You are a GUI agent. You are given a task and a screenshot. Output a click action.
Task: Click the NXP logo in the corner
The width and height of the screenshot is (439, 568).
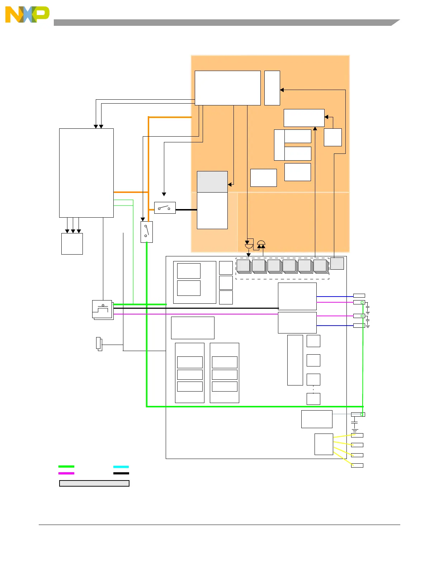tap(27, 15)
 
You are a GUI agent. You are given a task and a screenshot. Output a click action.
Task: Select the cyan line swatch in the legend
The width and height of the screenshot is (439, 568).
tap(121, 467)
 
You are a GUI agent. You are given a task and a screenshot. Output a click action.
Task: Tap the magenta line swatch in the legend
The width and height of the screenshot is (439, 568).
tap(66, 473)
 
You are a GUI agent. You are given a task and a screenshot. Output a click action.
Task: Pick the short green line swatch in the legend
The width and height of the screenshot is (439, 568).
tap(66, 467)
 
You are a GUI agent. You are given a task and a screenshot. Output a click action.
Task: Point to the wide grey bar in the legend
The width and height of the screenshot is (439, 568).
tap(94, 483)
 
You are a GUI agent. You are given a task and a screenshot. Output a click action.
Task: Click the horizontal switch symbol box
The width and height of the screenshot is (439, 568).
tap(165, 208)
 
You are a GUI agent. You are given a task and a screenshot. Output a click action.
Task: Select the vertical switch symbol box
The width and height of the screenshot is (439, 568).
tap(146, 232)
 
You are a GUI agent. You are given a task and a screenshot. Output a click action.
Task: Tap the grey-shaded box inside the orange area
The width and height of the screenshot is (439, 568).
tap(212, 182)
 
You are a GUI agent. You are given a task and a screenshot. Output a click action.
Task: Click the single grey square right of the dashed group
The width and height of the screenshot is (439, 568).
tap(337, 264)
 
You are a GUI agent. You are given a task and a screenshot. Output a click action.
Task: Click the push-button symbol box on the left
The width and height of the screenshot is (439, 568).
tap(103, 309)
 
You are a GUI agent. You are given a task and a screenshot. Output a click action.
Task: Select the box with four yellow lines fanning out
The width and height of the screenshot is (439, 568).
tap(324, 444)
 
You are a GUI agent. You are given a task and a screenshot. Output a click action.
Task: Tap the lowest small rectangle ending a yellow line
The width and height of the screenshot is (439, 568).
tap(357, 465)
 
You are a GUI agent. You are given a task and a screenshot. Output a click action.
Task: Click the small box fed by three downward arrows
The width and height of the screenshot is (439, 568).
tap(72, 244)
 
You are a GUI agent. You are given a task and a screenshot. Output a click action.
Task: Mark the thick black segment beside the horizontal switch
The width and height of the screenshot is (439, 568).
tap(186, 209)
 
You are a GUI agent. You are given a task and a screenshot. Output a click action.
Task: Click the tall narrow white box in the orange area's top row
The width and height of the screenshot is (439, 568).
tap(272, 88)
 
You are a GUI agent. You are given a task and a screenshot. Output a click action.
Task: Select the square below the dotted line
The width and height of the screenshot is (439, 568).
tap(313, 399)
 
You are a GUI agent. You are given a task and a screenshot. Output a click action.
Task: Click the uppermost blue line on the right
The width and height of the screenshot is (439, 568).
tap(335, 297)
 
